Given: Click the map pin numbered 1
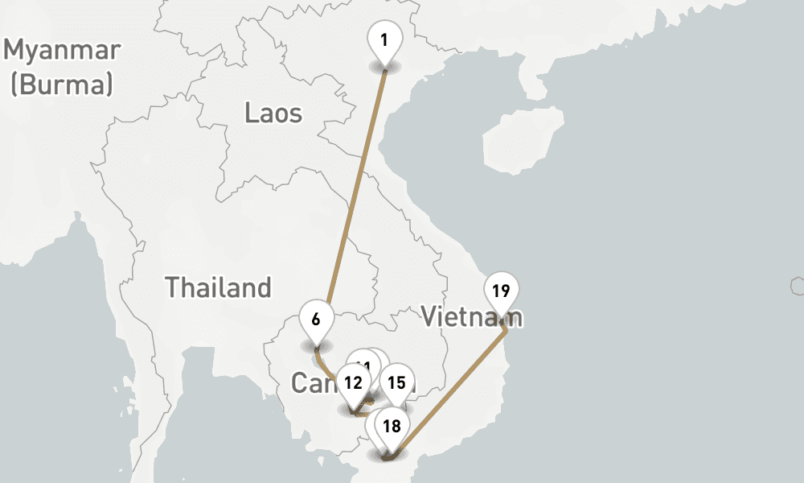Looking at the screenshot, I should pyautogui.click(x=384, y=39).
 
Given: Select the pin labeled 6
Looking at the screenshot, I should pyautogui.click(x=316, y=319).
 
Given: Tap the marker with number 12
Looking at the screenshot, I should pyautogui.click(x=353, y=382).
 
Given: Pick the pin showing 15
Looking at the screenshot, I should pyautogui.click(x=396, y=382).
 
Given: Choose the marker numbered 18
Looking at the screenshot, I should pyautogui.click(x=392, y=427).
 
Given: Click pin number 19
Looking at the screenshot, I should pyautogui.click(x=502, y=291).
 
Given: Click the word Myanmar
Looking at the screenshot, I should pyautogui.click(x=63, y=51).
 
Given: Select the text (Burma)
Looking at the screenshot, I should pyautogui.click(x=62, y=84).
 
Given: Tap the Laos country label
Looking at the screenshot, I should pyautogui.click(x=273, y=114).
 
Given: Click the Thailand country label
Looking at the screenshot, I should pyautogui.click(x=218, y=287).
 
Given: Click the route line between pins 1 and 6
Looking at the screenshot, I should pyautogui.click(x=354, y=193).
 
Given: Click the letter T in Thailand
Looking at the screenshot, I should pyautogui.click(x=172, y=287).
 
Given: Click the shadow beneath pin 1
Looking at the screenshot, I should pyautogui.click(x=384, y=67).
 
